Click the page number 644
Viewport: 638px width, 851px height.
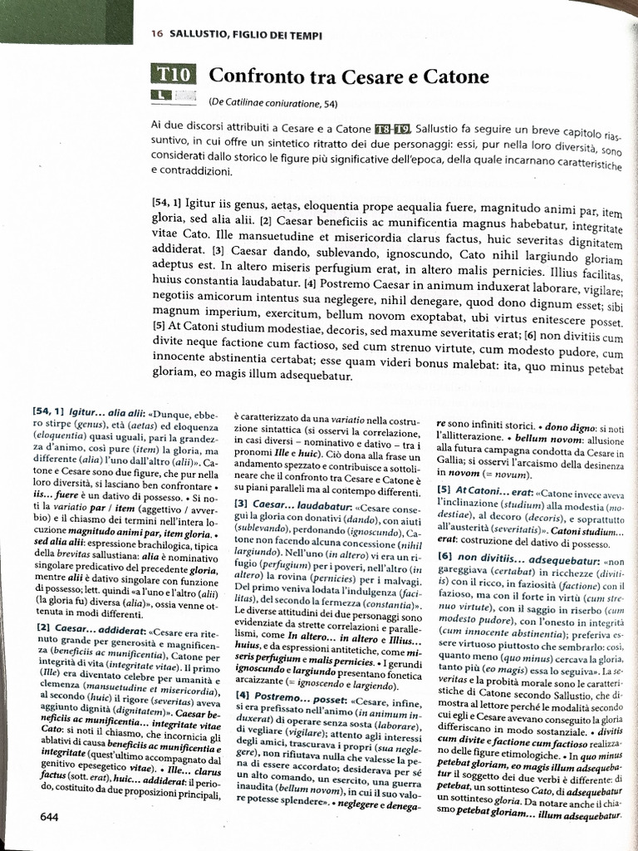49,817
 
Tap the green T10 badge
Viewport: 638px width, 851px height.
172,75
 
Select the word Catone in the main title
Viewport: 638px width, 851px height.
452,76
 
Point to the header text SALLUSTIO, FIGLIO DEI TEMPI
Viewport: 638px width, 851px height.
246,34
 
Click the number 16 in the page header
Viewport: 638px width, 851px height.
156,34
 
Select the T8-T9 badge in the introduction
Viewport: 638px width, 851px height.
393,125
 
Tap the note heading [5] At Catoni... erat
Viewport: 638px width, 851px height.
483,489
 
